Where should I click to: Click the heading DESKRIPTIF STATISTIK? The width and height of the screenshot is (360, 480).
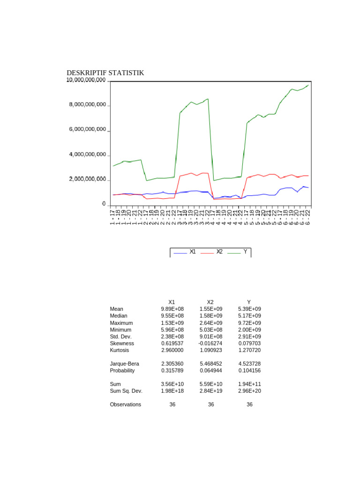(x=105, y=73)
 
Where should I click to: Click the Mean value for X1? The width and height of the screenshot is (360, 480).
(x=172, y=309)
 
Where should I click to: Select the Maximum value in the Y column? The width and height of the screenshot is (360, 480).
(x=249, y=323)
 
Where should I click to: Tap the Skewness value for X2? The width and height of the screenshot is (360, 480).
(x=210, y=343)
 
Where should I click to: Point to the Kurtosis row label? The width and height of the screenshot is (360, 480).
(x=120, y=350)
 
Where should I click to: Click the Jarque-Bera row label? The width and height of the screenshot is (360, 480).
(x=124, y=363)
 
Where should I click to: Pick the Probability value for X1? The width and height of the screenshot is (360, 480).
(x=172, y=370)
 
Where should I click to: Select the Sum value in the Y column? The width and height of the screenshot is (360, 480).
(x=249, y=384)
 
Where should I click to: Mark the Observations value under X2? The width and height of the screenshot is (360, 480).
(x=211, y=404)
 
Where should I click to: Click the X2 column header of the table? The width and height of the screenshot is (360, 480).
(x=210, y=302)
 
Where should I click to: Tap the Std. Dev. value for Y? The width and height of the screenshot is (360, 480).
(x=249, y=337)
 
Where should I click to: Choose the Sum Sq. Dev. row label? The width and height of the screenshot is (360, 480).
(x=126, y=390)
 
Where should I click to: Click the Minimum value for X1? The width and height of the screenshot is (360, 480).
(x=172, y=330)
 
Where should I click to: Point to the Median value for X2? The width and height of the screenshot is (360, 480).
(x=210, y=316)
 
